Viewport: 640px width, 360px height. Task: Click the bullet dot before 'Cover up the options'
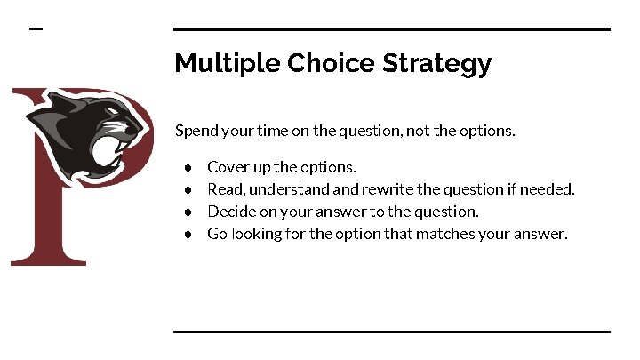pyautogui.click(x=189, y=167)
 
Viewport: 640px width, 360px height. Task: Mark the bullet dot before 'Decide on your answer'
pyautogui.click(x=189, y=212)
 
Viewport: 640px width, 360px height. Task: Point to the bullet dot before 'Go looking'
pyautogui.click(x=189, y=235)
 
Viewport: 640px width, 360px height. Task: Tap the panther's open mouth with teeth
pyautogui.click(x=119, y=148)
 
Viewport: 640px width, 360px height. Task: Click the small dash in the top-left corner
pyautogui.click(x=36, y=29)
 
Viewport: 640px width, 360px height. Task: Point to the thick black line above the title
pyautogui.click(x=391, y=29)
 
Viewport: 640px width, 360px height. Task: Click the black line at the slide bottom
pyautogui.click(x=391, y=332)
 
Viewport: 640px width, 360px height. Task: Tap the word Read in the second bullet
pyautogui.click(x=222, y=188)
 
